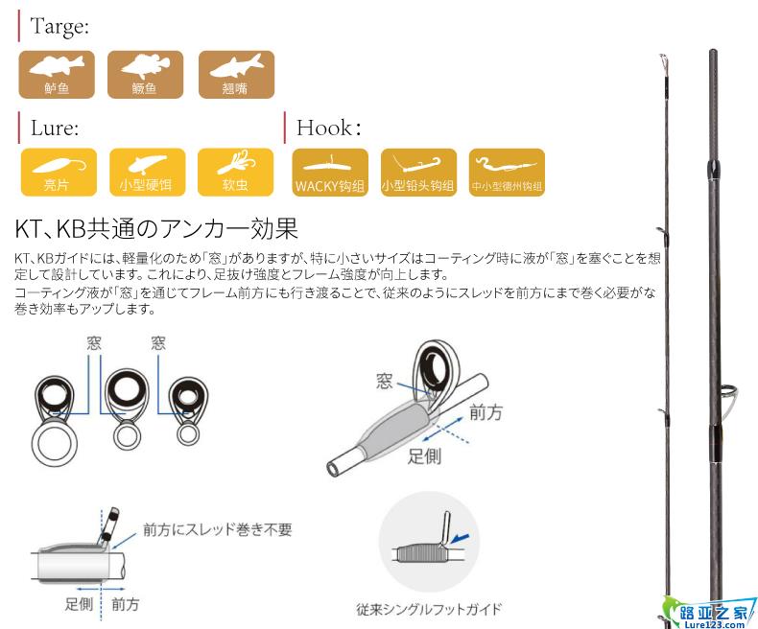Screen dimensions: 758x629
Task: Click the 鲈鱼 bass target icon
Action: tap(57, 75)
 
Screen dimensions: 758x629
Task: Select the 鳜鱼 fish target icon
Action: tap(145, 75)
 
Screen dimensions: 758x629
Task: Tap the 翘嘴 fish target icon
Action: tap(236, 75)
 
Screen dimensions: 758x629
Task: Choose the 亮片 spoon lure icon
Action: tap(59, 172)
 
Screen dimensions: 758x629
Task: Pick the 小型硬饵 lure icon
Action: tap(148, 172)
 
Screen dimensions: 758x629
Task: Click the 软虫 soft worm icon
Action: tap(235, 172)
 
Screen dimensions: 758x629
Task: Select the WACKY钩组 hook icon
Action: tap(330, 173)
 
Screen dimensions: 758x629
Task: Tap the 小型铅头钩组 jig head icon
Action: tap(418, 173)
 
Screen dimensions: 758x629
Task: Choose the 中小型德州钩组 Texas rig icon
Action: tap(508, 173)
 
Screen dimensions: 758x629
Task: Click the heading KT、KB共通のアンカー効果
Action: tap(156, 228)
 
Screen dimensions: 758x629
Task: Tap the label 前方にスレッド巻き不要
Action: tap(218, 529)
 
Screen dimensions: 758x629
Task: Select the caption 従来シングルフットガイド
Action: tap(429, 609)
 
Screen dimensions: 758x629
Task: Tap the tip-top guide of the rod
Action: tap(663, 63)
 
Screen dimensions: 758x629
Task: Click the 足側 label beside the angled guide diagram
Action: tap(424, 456)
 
